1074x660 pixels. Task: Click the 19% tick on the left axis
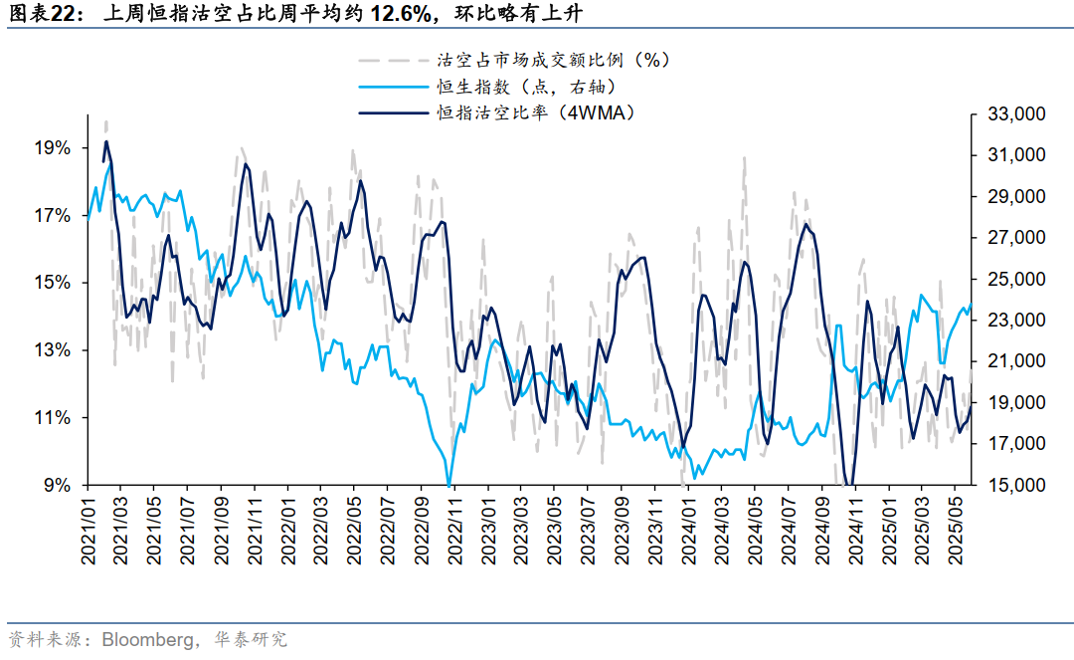[x=52, y=148]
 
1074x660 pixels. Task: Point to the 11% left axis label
[x=52, y=418]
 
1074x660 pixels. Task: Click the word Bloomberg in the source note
[x=148, y=638]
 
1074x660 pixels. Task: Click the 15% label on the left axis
[x=52, y=284]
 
